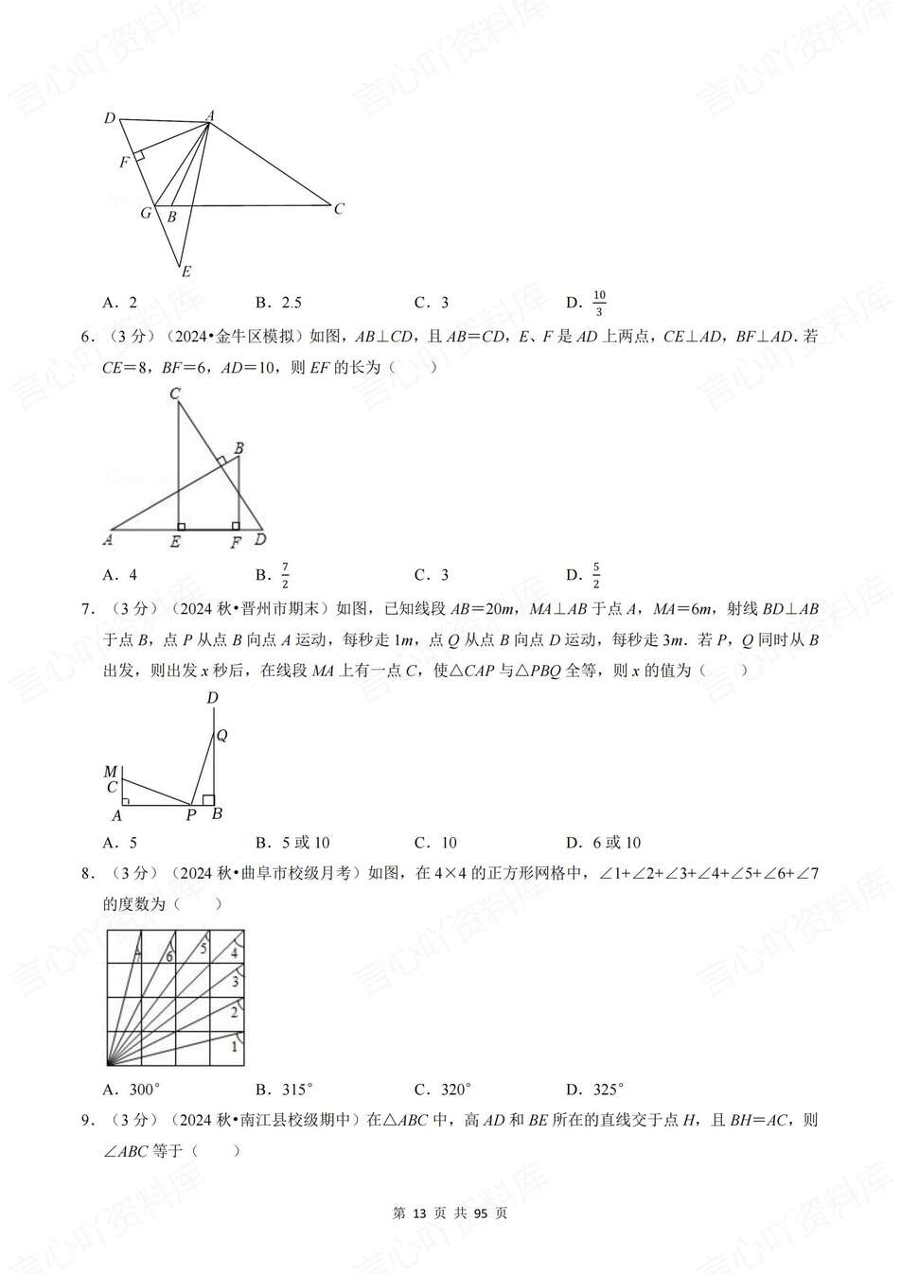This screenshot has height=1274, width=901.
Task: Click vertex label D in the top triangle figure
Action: (110, 118)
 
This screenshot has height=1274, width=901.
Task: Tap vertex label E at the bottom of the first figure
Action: (186, 271)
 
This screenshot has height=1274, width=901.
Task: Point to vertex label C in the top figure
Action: (339, 209)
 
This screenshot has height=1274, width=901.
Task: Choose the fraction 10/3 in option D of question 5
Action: (598, 303)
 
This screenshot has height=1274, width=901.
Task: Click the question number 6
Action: (86, 336)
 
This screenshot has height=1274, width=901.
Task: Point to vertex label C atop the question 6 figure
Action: (175, 393)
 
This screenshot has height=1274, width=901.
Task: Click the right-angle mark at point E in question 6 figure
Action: (182, 526)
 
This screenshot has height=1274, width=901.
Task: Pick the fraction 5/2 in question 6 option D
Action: (596, 574)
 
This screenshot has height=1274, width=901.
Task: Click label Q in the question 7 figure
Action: (221, 736)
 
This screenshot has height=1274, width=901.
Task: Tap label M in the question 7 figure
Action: (111, 772)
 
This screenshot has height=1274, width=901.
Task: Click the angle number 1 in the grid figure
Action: (235, 1046)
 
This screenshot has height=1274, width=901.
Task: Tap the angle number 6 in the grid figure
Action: (169, 957)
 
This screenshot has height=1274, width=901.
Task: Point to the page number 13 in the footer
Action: (421, 1213)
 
